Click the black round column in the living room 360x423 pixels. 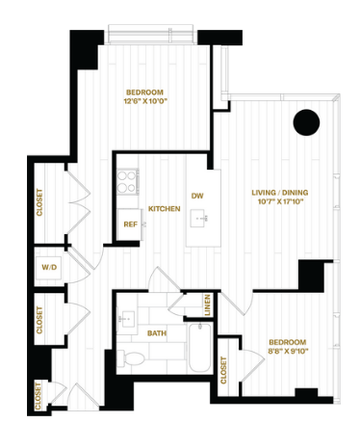coord(306,122)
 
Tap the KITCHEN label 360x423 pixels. coord(165,209)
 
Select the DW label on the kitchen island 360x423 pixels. coord(197,196)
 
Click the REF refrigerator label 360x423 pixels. coord(131,225)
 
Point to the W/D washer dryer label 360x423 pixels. coord(49,267)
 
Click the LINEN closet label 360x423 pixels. coord(207,304)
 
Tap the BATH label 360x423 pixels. coord(157,333)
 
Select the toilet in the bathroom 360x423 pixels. coord(131,357)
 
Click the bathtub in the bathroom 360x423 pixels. coord(199,348)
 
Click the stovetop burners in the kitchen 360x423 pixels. coord(126,181)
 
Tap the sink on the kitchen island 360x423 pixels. coord(199,219)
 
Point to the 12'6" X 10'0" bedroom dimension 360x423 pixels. coord(146,101)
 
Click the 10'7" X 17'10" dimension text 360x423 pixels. coord(281,201)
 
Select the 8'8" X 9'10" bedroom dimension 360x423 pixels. coord(288,351)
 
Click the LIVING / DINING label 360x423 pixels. coord(280,193)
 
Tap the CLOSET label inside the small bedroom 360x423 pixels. coord(223,370)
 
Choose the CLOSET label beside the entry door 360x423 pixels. coord(39,396)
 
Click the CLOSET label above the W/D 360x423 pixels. coord(39,202)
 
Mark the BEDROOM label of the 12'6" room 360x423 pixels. coord(144,93)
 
